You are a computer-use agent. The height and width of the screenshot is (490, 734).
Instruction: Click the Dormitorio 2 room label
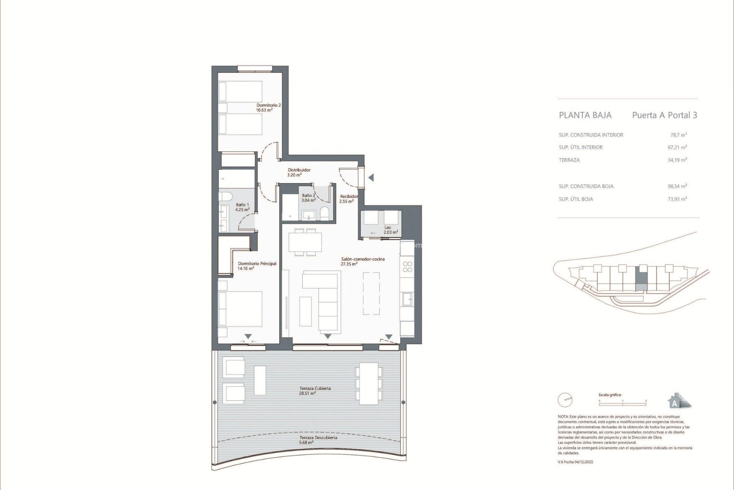click(268, 108)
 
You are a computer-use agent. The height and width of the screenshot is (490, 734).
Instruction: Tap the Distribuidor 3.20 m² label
click(299, 172)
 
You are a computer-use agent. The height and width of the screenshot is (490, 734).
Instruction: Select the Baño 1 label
click(242, 207)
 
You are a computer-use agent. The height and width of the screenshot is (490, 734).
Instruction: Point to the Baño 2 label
click(309, 198)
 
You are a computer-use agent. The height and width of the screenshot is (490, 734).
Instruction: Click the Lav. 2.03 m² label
click(390, 230)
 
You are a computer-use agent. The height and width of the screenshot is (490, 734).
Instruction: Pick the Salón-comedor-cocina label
click(362, 261)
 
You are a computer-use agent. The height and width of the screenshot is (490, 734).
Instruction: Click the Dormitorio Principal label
click(257, 266)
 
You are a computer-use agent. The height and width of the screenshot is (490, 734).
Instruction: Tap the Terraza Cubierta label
click(315, 390)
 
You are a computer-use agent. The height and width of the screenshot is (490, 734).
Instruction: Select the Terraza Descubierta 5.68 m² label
click(318, 440)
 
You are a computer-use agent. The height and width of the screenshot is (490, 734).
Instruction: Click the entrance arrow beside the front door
click(370, 178)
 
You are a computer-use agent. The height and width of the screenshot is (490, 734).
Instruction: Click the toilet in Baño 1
click(226, 197)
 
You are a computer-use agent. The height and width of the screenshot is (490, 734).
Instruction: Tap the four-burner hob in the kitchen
click(408, 267)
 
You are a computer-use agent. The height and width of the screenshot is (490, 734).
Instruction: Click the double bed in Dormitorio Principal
click(240, 309)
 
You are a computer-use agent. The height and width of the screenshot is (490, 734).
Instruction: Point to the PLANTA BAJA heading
click(585, 115)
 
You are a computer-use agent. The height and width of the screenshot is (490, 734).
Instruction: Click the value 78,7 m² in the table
click(678, 135)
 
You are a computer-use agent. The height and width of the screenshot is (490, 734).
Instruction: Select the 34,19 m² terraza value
click(677, 160)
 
